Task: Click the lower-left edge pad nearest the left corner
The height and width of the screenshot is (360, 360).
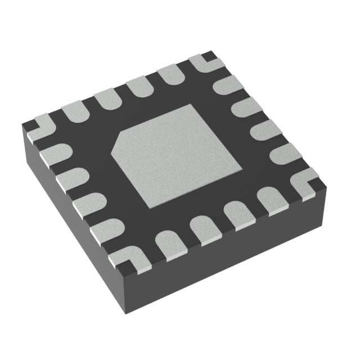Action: pyautogui.click(x=56, y=152)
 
